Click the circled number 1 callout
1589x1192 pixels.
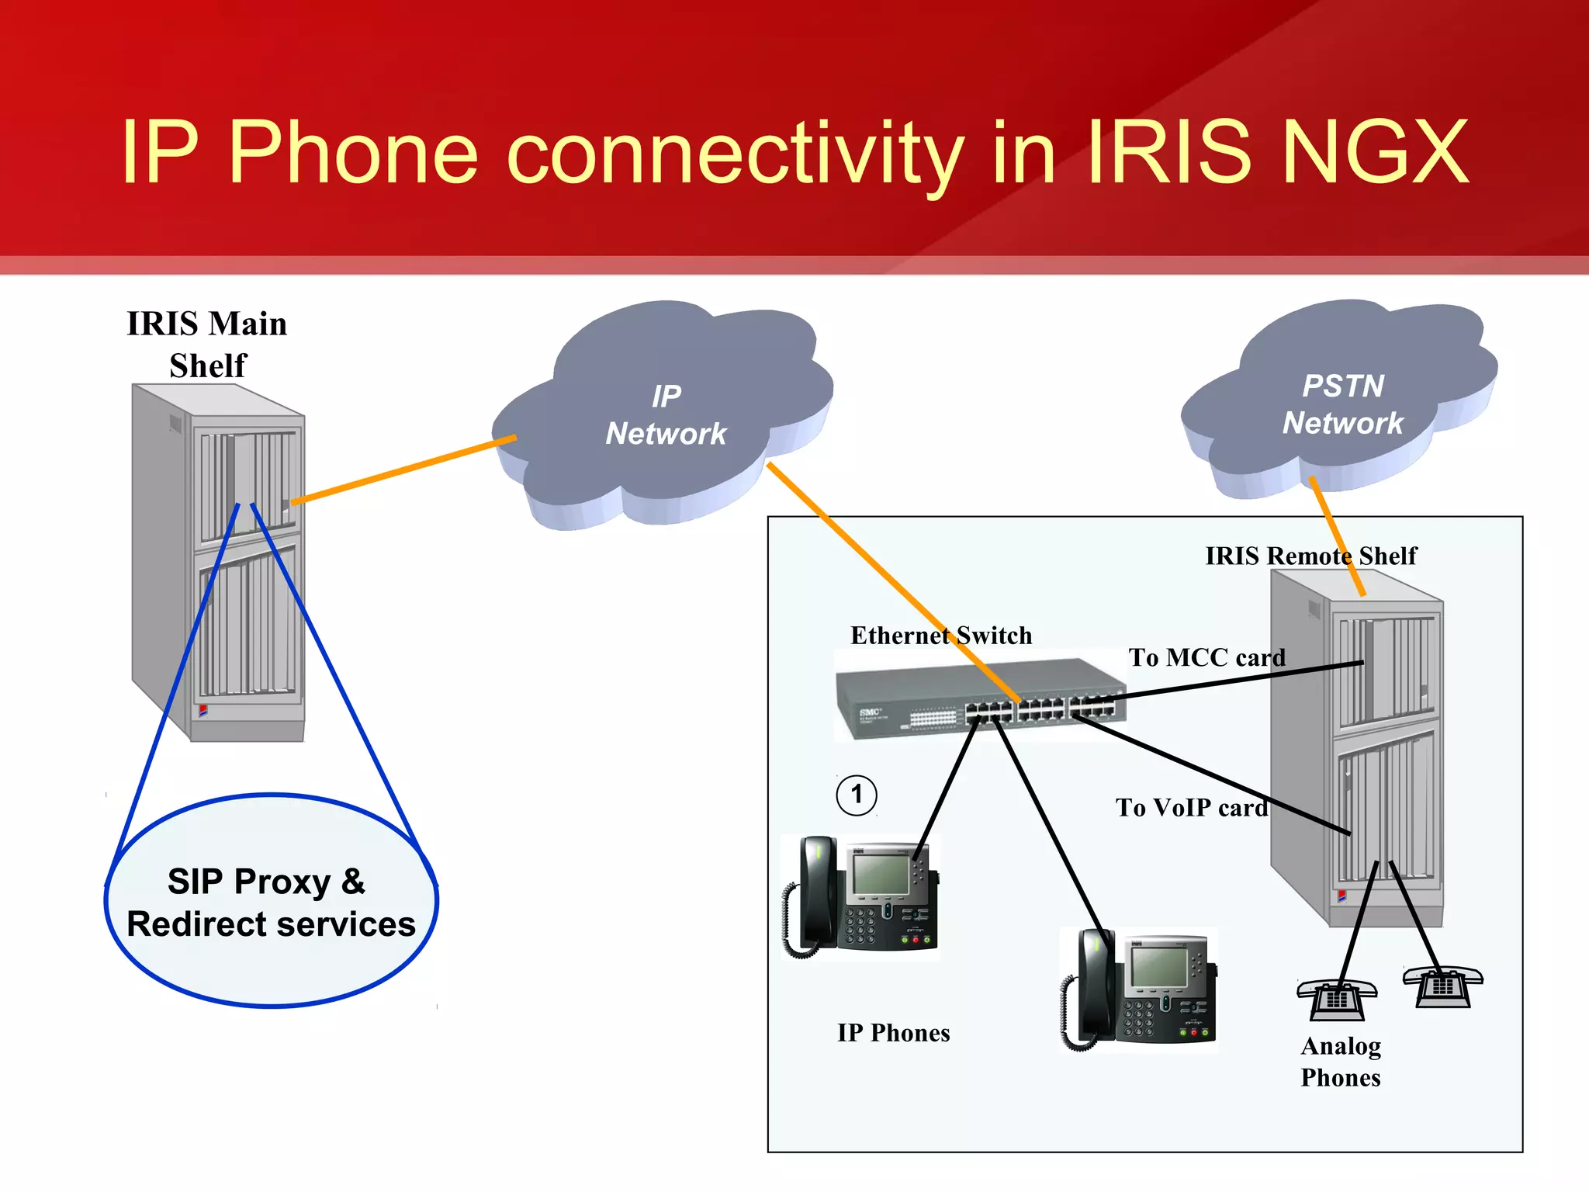[x=857, y=795]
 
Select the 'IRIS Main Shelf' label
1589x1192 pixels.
[x=207, y=344]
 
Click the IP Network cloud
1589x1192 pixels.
[x=666, y=415]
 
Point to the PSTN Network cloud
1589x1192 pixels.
[x=1342, y=404]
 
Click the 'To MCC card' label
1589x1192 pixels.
[x=1206, y=657]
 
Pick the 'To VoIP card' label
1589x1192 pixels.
[x=1192, y=808]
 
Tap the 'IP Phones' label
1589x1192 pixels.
[x=893, y=1033]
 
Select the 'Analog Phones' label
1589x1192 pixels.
[x=1341, y=1062]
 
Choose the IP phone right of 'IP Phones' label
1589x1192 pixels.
[x=1139, y=989]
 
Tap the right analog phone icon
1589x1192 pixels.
[x=1442, y=986]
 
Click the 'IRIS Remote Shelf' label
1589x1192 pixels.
[x=1310, y=556]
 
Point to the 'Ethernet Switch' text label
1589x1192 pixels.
[x=941, y=636]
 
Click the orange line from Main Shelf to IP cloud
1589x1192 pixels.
[x=403, y=470]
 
